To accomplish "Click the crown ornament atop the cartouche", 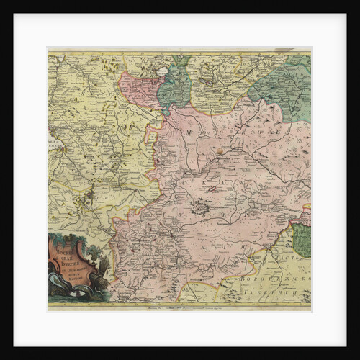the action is [x=73, y=235].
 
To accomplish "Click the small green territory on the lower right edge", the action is [x=302, y=240].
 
